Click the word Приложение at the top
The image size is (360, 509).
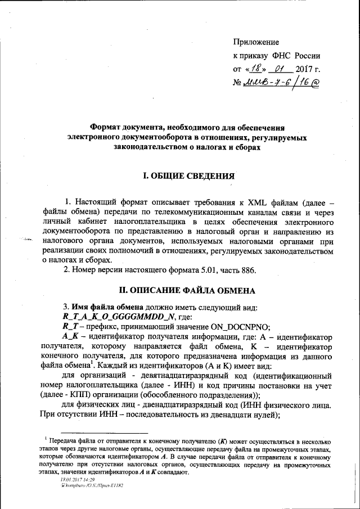pyautogui.click(x=256, y=42)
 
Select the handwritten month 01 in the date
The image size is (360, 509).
pyautogui.click(x=279, y=70)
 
